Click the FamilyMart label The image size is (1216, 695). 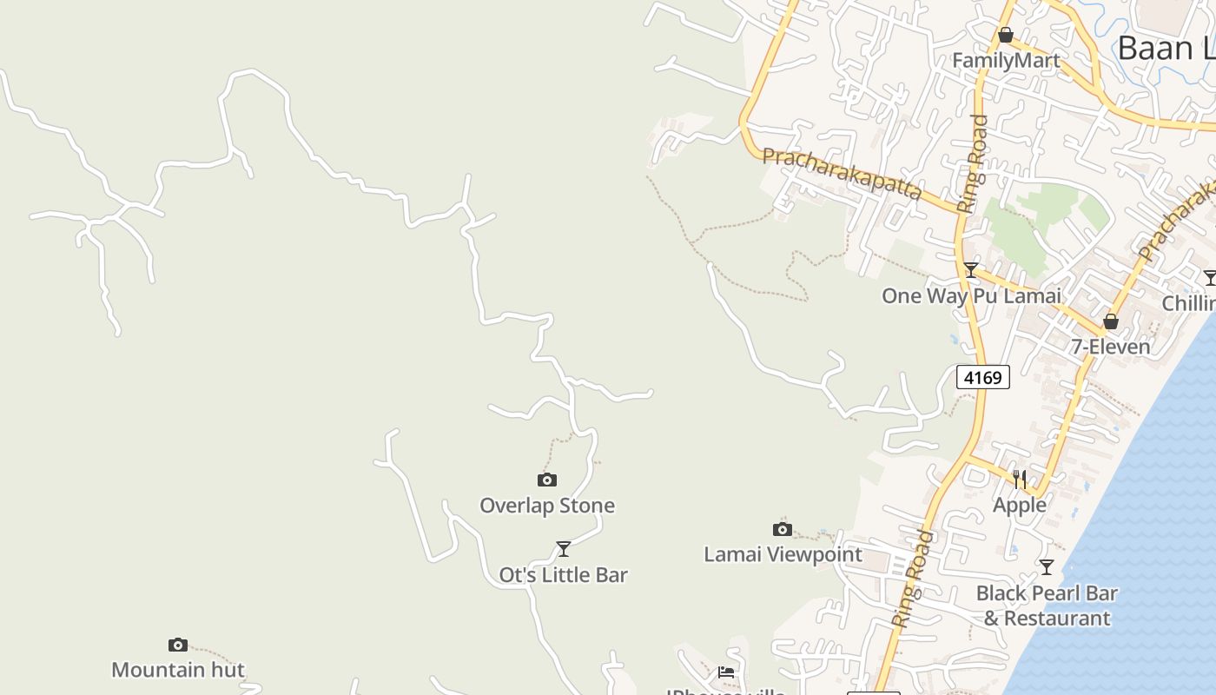coord(1006,60)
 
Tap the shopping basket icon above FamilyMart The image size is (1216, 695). coord(1006,35)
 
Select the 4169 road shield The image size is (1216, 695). coord(983,377)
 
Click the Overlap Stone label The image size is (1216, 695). coord(547,506)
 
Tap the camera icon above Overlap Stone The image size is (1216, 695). coord(546,480)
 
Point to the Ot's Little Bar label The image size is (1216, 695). coord(563,575)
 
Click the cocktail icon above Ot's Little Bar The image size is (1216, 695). coord(564,548)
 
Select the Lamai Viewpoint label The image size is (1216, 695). coord(783,554)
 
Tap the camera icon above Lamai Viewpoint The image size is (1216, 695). coord(783,529)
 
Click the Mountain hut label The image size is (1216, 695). coord(178,670)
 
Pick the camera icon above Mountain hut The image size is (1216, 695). coord(178,645)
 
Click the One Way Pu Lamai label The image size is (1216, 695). coord(971,295)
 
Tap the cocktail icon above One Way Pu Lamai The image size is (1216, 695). coord(971,270)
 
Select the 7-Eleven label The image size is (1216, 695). coord(1110,347)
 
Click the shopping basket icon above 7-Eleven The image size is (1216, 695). coord(1110,321)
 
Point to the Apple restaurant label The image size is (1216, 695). coord(1020,505)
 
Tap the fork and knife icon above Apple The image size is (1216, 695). coord(1020,479)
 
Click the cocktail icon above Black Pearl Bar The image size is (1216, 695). coord(1047,566)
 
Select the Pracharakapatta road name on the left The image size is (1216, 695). coord(841,174)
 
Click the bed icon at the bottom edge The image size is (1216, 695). coord(726,672)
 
